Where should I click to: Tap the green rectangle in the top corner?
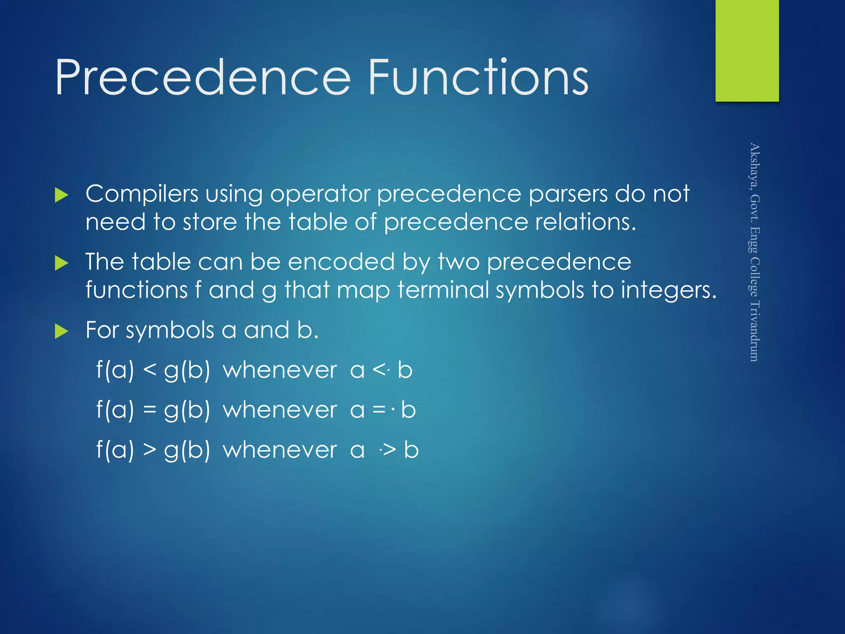(747, 50)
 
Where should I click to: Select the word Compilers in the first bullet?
(142, 194)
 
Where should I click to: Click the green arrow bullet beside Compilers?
(61, 195)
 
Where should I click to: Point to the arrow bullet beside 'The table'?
(61, 263)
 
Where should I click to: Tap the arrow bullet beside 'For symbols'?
(61, 331)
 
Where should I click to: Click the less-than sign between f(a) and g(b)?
(150, 370)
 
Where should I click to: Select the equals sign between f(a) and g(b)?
(150, 410)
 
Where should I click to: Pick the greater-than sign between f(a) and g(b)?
(150, 450)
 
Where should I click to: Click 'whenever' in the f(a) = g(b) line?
(280, 410)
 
